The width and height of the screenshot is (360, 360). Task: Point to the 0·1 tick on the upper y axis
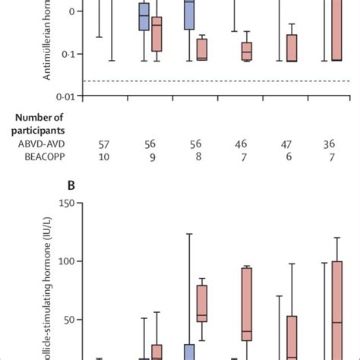pyautogui.click(x=70, y=55)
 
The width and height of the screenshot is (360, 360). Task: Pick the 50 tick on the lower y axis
pyautogui.click(x=69, y=320)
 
